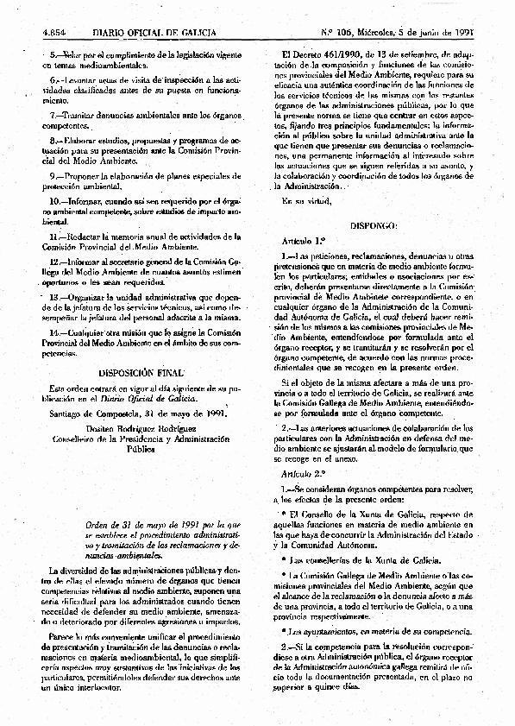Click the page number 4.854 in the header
55,35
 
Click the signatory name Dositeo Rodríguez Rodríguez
140,426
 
